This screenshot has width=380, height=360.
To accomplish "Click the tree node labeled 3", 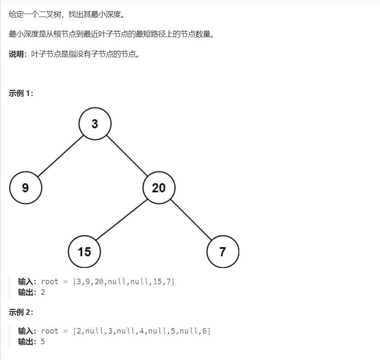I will [95, 124].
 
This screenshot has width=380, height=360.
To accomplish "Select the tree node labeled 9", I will [25, 187].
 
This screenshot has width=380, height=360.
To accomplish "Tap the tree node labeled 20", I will [159, 187].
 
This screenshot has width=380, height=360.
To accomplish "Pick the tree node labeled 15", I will [84, 251].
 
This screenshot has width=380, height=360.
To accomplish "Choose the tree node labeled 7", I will [222, 251].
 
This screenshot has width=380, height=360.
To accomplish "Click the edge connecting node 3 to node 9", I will [60, 156].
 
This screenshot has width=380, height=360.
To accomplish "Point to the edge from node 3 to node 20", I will [127, 156].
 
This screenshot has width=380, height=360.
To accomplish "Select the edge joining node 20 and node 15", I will [122, 219].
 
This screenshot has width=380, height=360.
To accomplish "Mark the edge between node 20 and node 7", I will [191, 220].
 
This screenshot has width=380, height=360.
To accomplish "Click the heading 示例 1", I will [21, 93].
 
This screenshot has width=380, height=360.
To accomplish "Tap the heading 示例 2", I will [21, 312].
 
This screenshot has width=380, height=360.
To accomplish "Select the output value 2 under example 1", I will [43, 292].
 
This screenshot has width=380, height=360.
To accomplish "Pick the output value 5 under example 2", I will [43, 342].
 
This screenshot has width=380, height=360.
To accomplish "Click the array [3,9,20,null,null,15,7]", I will [124, 282].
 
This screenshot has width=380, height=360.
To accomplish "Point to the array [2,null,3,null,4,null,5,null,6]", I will [142, 331].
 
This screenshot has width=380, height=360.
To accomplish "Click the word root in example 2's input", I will [49, 331].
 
